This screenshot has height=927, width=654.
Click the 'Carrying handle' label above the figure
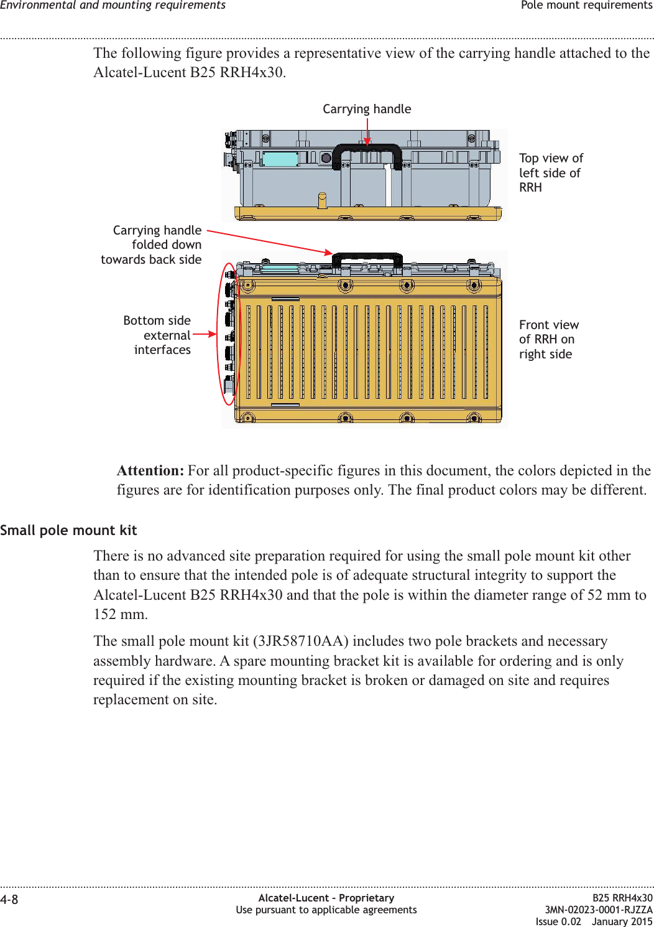367,109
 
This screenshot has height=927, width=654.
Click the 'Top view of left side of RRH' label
551,173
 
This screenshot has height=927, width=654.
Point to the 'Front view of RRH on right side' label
548,340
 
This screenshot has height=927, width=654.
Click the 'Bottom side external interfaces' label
158,335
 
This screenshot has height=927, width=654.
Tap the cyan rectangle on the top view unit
280,159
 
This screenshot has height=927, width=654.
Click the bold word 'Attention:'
150,471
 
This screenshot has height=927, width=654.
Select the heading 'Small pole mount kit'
68,531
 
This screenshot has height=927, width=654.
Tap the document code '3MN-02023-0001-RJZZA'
599,910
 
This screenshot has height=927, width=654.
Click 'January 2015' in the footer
622,921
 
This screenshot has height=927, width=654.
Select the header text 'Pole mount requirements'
586,6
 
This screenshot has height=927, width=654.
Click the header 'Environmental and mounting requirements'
113,6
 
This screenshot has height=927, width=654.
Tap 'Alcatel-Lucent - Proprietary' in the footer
326,898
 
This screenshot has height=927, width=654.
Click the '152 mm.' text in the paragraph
121,615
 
